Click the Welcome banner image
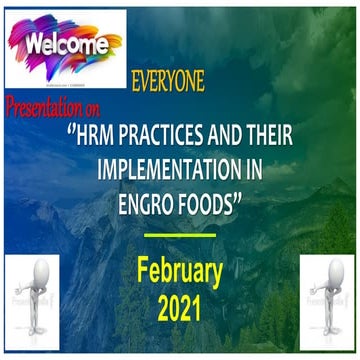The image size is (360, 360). click(x=64, y=45)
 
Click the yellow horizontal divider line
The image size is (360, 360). click(x=180, y=234)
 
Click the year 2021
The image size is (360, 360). click(x=181, y=307)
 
